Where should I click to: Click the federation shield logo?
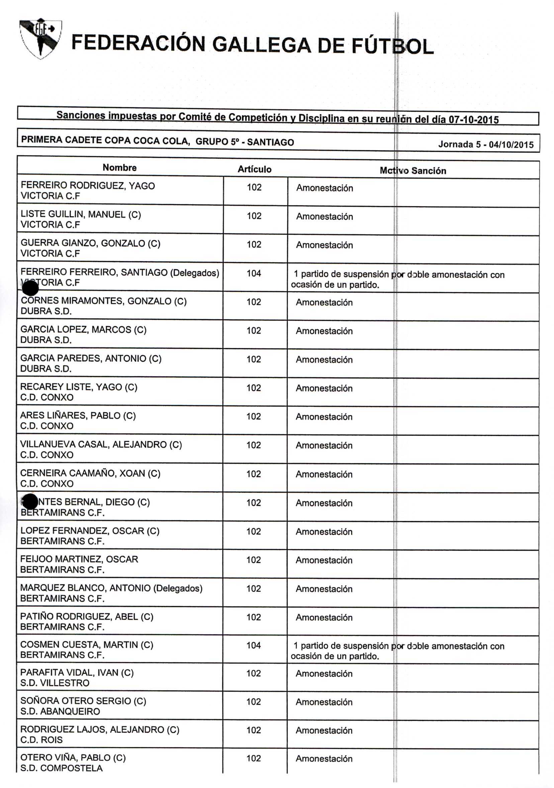40,38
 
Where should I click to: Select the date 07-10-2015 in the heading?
474,120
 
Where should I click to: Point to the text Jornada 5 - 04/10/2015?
486,144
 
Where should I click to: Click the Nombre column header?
119,168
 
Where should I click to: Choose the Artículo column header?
254,169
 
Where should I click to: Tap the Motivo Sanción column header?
412,171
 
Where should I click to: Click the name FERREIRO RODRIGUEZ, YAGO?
88,186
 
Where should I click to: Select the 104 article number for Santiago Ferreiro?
254,274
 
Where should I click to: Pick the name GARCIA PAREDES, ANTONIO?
91,358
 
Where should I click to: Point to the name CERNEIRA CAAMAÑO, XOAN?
90,473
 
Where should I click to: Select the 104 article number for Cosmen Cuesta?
254,645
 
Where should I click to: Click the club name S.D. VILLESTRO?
55,683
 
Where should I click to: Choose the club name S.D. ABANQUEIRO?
60,711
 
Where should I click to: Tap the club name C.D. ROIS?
41,740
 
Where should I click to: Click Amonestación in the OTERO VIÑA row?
324,759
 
